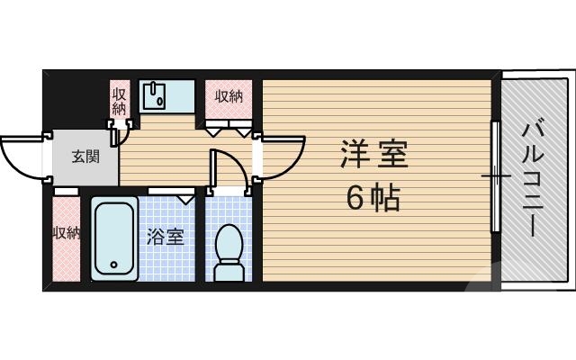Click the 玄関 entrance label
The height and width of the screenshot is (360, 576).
click(86, 156)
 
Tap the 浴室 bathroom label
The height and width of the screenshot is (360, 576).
click(166, 237)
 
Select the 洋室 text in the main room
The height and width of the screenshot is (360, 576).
click(374, 155)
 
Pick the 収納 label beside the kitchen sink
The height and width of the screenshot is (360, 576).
click(119, 100)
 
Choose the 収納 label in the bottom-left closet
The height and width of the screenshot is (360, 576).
click(66, 233)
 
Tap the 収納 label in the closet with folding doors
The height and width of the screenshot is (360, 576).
click(229, 95)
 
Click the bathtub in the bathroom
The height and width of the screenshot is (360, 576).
click(114, 238)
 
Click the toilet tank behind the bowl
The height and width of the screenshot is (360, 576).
click(229, 271)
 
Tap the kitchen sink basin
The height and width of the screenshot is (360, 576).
click(157, 95)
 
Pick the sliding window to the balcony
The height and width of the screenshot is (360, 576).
click(494, 176)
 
